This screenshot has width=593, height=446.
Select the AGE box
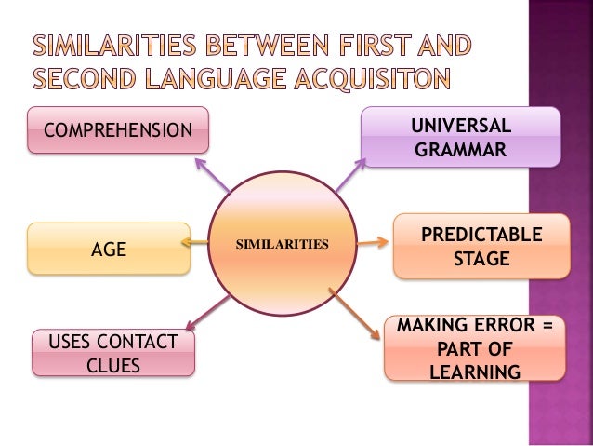109,249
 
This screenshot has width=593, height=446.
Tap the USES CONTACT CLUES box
114,353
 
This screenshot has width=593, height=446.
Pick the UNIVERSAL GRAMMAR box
460,136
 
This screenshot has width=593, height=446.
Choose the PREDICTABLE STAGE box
481,246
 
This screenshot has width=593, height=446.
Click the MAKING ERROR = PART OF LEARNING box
474,349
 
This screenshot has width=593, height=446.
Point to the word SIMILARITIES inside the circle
283,245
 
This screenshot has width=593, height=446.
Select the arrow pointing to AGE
197,243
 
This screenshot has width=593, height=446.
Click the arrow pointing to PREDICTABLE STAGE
372,244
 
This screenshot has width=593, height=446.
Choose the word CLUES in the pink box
113,365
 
